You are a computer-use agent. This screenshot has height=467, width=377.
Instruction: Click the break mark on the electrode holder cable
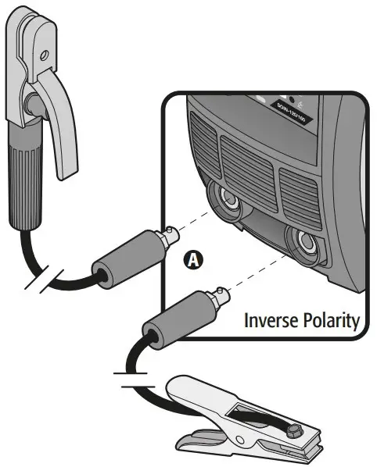37,280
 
